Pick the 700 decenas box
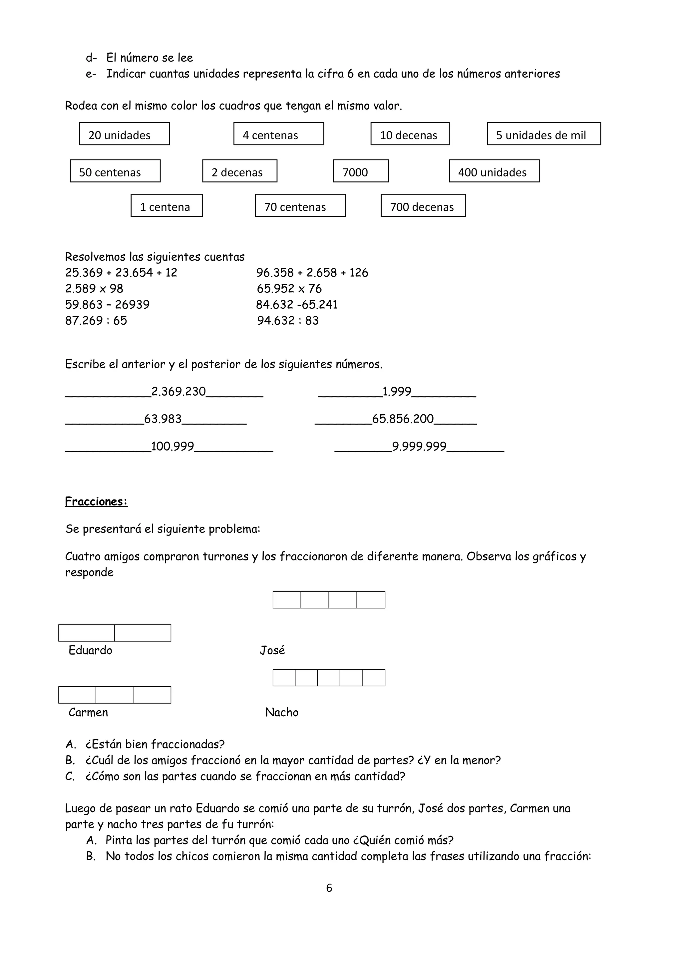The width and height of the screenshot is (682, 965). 423,206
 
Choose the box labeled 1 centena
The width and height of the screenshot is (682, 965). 167,206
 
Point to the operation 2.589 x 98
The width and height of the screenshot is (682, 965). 94,289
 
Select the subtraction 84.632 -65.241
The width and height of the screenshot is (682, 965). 297,305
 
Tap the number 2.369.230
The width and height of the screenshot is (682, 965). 178,392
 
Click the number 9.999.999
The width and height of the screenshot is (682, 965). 419,446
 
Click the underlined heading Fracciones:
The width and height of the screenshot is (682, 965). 96,501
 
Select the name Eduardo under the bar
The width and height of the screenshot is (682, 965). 90,651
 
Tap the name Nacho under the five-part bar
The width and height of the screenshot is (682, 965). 281,712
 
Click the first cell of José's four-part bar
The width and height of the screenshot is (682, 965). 287,600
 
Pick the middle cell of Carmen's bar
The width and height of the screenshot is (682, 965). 114,695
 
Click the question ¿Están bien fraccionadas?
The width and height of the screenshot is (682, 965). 155,744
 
